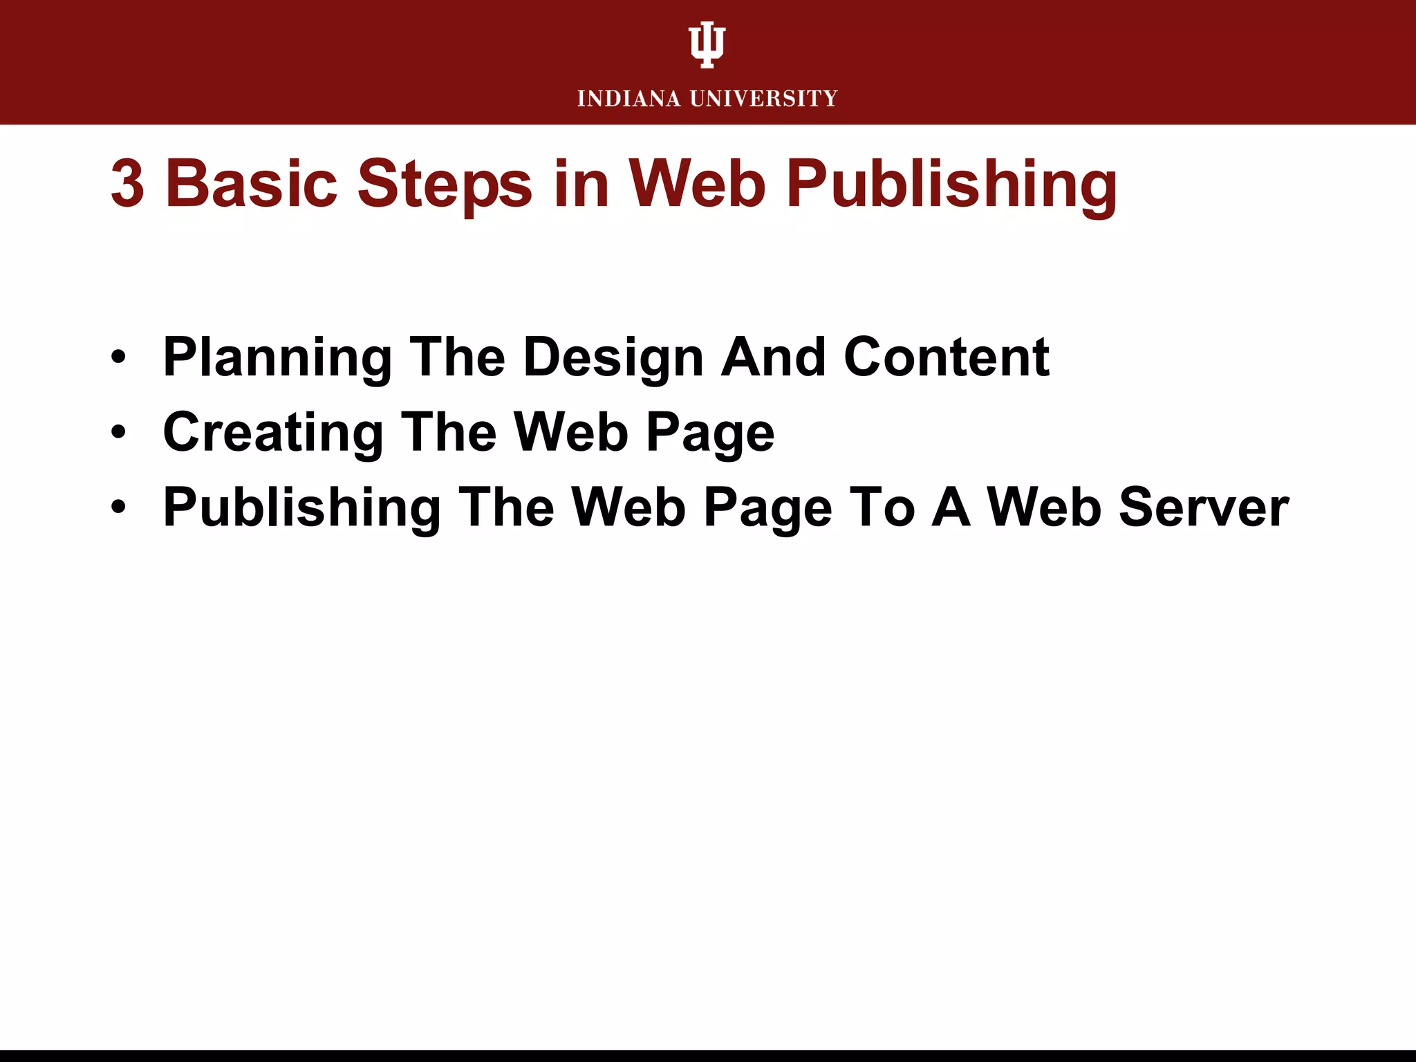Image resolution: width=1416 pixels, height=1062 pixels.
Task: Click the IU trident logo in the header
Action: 707,44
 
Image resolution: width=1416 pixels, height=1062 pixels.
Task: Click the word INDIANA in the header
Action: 629,99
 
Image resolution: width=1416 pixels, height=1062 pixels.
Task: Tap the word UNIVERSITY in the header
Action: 764,99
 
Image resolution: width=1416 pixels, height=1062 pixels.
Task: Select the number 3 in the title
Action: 127,184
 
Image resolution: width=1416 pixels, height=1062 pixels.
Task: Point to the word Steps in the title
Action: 445,185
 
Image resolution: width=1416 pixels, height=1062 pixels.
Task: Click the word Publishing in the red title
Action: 951,185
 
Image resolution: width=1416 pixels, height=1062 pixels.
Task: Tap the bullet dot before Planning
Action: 119,357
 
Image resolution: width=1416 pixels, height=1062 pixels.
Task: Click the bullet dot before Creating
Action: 119,433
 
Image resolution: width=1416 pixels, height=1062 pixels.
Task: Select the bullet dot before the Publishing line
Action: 119,507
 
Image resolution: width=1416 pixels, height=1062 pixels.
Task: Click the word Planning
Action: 277,358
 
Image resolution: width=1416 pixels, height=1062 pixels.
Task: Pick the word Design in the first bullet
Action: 613,358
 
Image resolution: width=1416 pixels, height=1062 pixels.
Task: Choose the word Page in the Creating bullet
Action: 710,434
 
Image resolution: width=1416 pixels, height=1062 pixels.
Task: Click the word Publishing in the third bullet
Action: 302,509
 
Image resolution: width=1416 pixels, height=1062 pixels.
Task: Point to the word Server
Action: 1203,507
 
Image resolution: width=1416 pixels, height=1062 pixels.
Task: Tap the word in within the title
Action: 581,184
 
